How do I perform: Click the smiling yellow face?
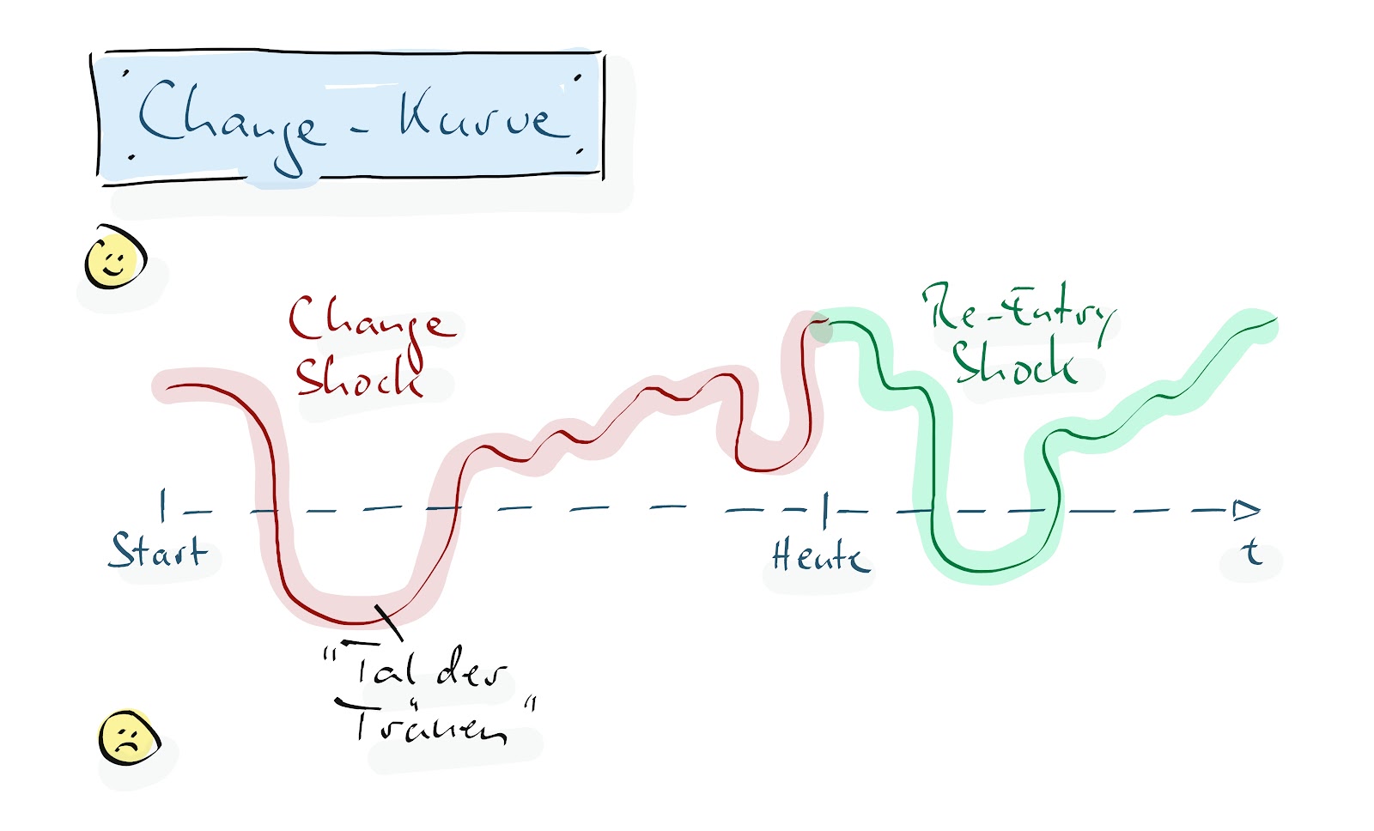click(x=115, y=257)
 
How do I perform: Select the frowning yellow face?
click(x=129, y=737)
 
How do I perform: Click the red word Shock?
click(x=360, y=373)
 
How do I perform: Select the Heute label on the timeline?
click(x=821, y=555)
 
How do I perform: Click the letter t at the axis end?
click(x=1251, y=551)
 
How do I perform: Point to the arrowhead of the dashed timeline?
click(x=1246, y=510)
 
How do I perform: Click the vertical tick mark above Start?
click(x=162, y=506)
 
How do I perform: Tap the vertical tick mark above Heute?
click(x=825, y=510)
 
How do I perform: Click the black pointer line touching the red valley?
click(x=389, y=622)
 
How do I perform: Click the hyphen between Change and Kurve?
click(x=360, y=130)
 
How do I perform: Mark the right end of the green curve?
click(x=1276, y=318)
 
